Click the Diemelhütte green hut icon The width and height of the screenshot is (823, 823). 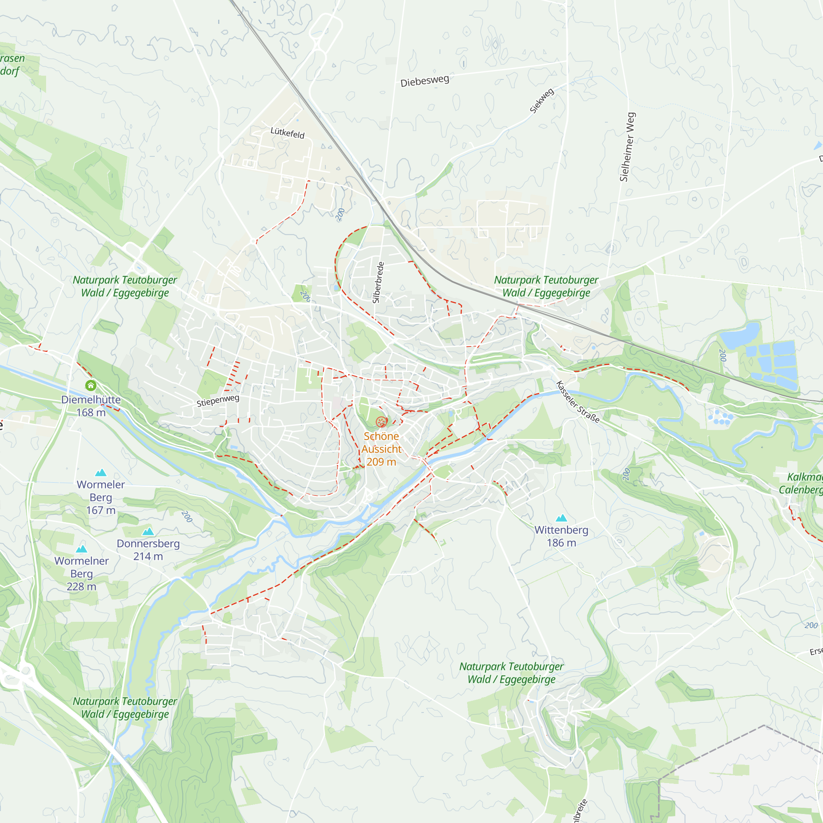(x=91, y=386)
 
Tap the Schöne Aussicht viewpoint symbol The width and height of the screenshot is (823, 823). (x=381, y=422)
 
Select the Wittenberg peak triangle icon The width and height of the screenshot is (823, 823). (x=561, y=518)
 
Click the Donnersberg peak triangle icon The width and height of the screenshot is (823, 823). (x=148, y=532)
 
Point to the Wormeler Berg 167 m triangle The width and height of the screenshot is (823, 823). (x=100, y=472)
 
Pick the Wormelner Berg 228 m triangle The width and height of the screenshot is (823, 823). (x=81, y=549)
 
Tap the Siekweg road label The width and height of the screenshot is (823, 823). (x=542, y=100)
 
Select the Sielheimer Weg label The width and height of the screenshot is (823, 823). (x=627, y=147)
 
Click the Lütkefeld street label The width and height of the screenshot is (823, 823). (x=288, y=133)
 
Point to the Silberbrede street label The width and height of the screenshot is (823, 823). (x=378, y=282)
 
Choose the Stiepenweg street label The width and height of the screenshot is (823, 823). (x=218, y=400)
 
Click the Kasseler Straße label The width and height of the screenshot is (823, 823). (x=578, y=402)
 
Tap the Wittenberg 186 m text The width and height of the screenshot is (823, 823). (x=561, y=536)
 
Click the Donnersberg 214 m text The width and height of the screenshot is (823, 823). (x=148, y=549)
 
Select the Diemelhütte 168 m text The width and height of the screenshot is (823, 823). (x=91, y=406)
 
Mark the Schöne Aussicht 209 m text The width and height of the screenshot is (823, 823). (x=381, y=449)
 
